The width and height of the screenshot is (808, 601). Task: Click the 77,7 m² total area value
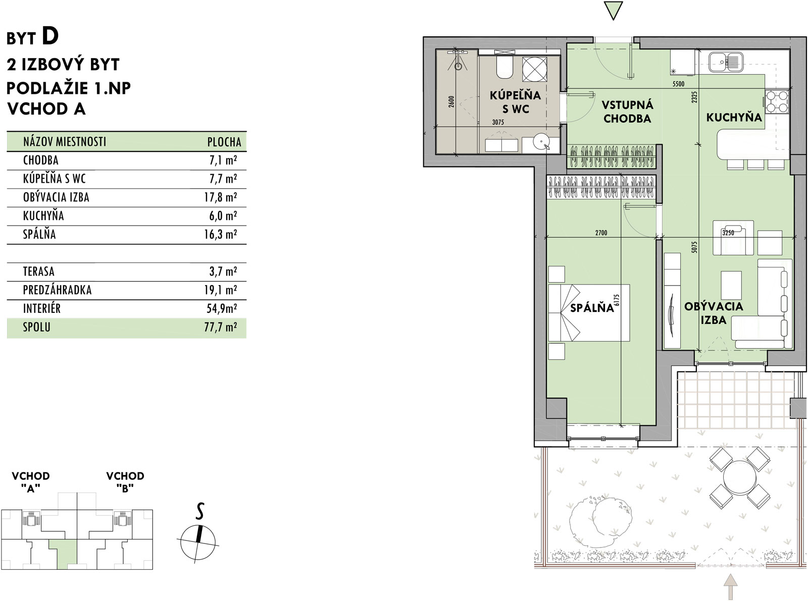pos(220,327)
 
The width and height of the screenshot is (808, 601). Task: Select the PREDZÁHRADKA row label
pos(57,290)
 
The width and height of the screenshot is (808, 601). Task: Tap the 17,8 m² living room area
pos(220,197)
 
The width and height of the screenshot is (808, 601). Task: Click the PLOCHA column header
pos(224,142)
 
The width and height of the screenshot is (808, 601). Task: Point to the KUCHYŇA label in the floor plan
pos(734,118)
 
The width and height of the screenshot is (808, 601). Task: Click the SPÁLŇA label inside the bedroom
pos(592,308)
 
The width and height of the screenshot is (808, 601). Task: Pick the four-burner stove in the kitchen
pos(777,101)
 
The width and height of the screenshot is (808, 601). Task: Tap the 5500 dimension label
pos(678,84)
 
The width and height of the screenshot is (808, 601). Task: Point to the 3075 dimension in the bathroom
pos(498,122)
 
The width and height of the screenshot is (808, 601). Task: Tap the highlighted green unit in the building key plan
pos(63,555)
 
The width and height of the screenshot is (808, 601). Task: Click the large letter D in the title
pos(50,36)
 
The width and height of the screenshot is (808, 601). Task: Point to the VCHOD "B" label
pos(125,482)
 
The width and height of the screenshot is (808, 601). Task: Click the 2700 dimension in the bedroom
pos(601,233)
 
